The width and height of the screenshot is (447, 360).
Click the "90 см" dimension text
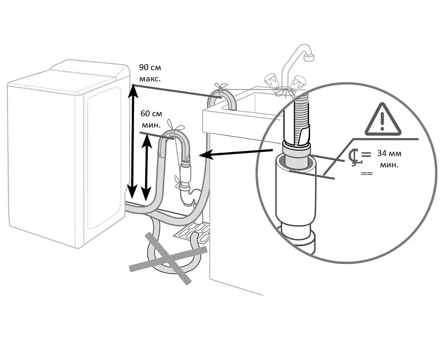click(150, 68)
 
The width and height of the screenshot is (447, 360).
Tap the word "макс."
click(150, 79)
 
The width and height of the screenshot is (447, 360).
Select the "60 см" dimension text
click(152, 114)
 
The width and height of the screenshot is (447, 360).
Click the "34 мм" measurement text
click(389, 153)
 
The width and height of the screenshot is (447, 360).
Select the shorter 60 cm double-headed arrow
click(146, 168)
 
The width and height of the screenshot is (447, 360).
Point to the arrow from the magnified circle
click(236, 153)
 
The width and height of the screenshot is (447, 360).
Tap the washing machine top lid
click(68, 77)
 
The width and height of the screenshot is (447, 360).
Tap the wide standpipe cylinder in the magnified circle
click(295, 188)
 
